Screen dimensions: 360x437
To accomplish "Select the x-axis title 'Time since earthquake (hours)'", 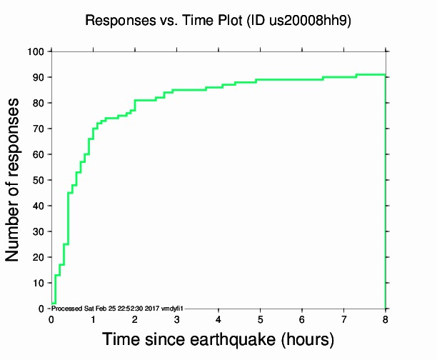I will click(218, 339).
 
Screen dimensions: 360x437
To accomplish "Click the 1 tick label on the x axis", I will click(93, 319).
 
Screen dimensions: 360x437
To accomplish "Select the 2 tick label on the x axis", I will click(135, 319).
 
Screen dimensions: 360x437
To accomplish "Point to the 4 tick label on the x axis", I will click(218, 319).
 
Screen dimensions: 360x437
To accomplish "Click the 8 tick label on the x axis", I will click(386, 319).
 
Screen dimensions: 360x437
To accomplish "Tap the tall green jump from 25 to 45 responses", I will click(68, 218).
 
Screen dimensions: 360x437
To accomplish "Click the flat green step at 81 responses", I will click(145, 100).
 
